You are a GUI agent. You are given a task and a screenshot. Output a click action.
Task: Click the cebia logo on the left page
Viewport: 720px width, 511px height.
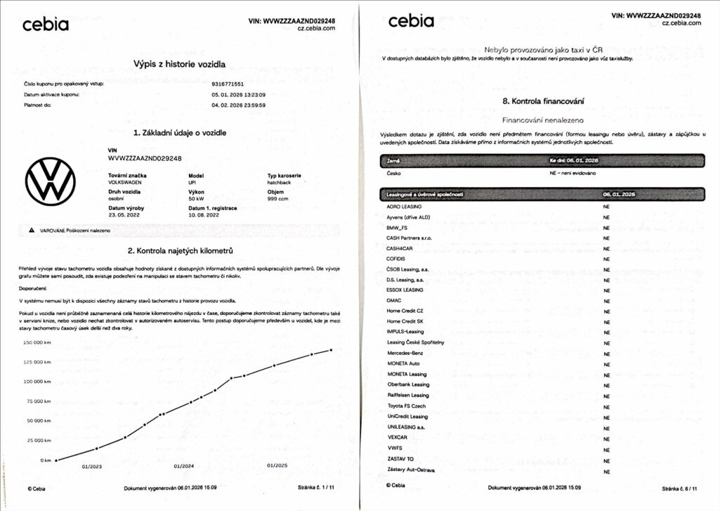[x=46, y=25]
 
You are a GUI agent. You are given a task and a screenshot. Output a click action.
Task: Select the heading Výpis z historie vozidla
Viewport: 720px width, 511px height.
[x=179, y=64]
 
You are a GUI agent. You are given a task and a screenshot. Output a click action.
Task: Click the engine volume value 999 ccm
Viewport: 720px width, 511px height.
[x=278, y=199]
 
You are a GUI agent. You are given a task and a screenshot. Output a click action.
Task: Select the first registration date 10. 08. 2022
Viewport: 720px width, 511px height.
[x=204, y=214]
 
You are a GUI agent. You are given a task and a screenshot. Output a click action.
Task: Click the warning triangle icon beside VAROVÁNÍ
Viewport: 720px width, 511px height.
[x=31, y=230]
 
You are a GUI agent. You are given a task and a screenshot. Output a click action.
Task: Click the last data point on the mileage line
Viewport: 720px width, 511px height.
[x=331, y=349]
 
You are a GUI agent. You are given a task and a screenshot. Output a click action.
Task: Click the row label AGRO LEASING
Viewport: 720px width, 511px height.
[x=404, y=207]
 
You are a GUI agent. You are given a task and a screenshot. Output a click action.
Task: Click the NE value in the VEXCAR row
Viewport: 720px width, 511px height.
[x=606, y=437]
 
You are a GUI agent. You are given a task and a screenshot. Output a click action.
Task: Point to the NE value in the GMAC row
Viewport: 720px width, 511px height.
[x=606, y=300]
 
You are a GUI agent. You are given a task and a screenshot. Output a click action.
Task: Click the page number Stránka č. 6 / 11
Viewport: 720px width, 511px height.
[x=679, y=487]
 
